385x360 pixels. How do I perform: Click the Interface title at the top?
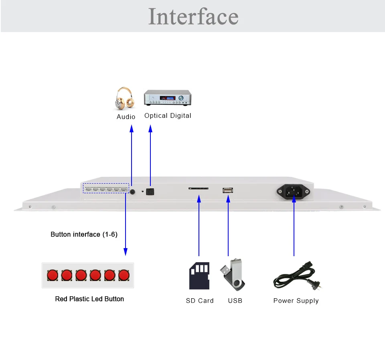193,16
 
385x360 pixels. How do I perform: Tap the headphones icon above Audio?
125,98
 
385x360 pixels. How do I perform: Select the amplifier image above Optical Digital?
168,98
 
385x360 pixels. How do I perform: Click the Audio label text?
126,117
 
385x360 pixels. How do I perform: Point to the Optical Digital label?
168,115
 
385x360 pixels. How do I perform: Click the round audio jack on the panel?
132,192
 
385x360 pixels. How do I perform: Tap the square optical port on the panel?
150,192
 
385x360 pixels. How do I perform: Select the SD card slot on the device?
199,188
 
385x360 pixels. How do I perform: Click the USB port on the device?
228,190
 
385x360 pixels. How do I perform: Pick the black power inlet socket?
293,191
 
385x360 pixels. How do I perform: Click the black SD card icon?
199,276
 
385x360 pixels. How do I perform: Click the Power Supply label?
296,301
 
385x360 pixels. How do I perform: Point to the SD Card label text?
200,301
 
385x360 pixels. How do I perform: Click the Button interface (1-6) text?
84,235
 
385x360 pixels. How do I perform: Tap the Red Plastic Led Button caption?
89,299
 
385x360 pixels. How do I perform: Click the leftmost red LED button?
53,275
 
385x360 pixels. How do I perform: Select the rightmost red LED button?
124,275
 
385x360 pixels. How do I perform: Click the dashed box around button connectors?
106,184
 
